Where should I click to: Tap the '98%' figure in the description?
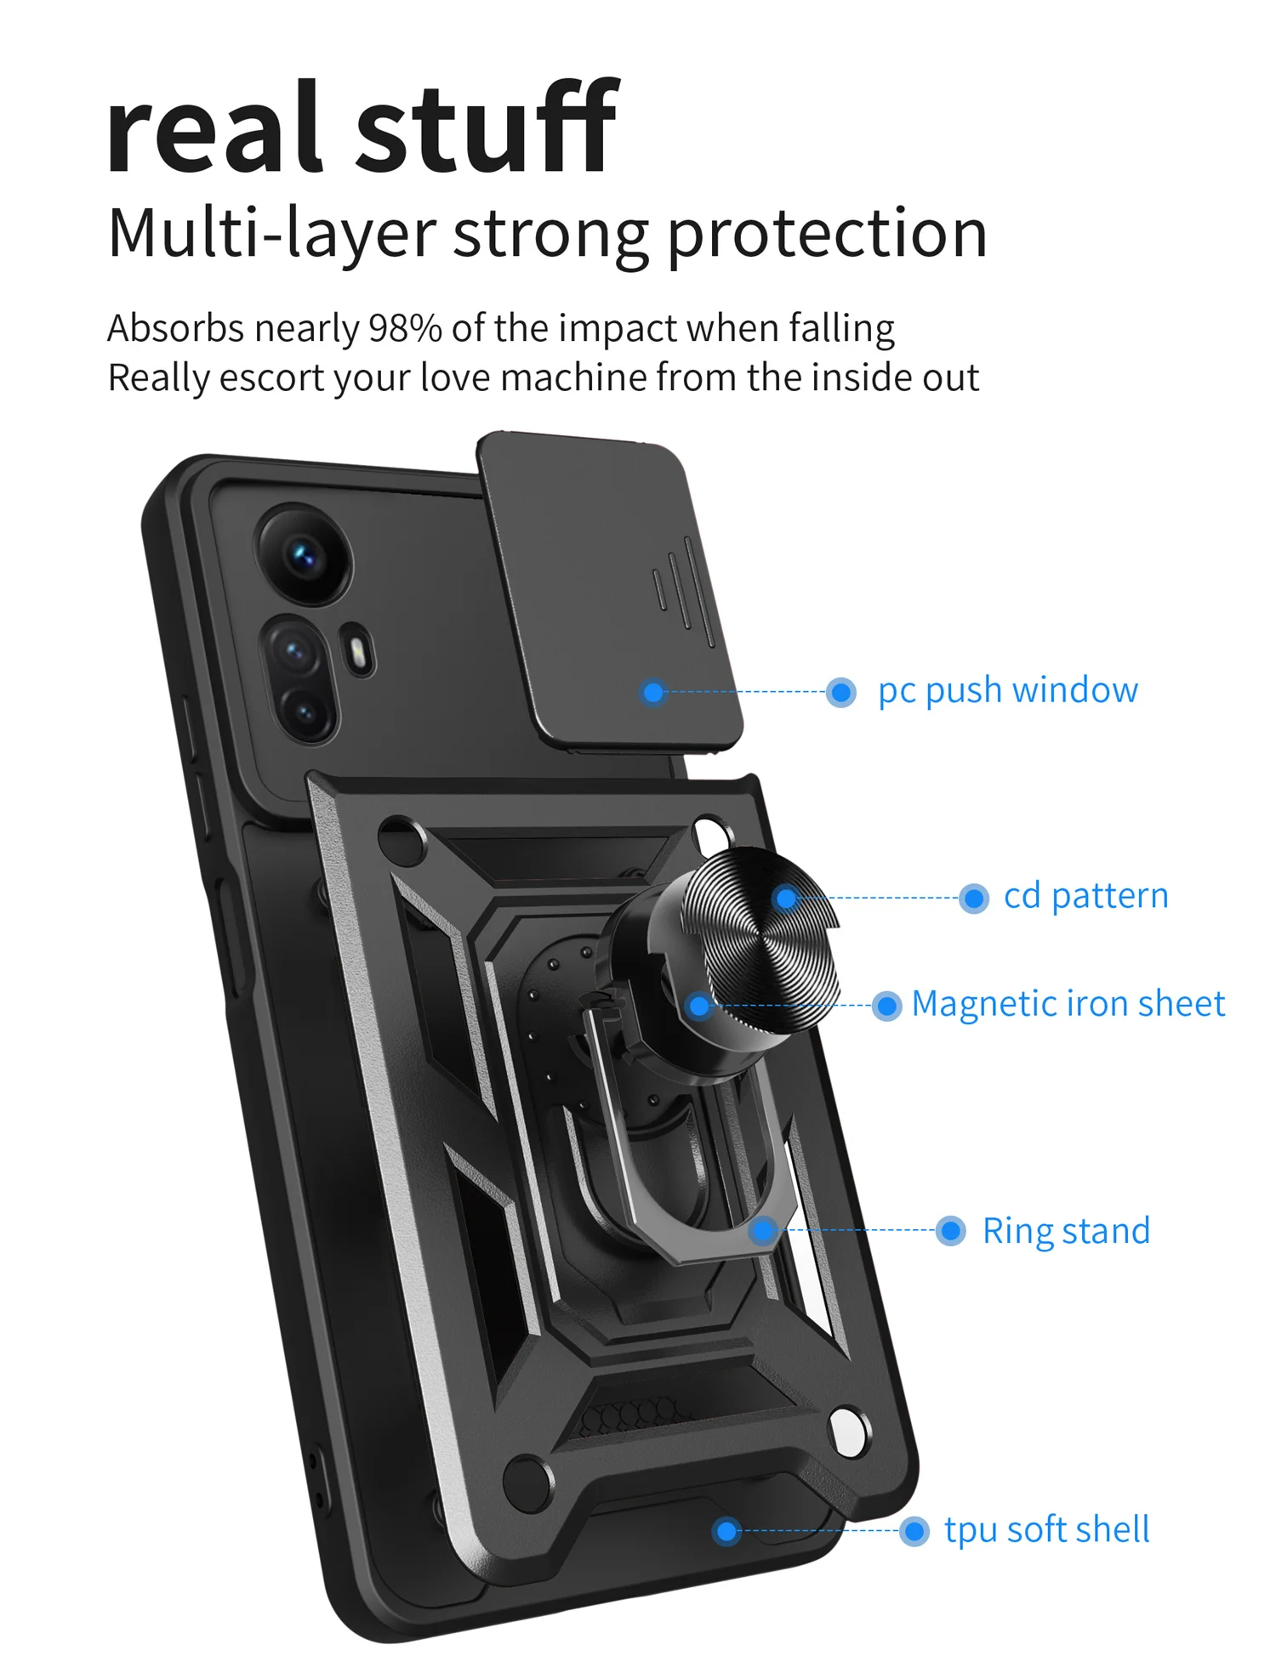click(x=404, y=328)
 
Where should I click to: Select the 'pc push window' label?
click(x=1007, y=690)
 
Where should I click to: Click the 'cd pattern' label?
click(x=1085, y=896)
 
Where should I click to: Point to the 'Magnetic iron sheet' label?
click(x=1068, y=1004)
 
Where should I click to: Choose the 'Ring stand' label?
click(x=1066, y=1231)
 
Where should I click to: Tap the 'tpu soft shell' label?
click(x=1046, y=1530)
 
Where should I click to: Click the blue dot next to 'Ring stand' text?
click(x=950, y=1231)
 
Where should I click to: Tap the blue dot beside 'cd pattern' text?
click(x=973, y=898)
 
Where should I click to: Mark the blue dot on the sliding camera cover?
click(x=653, y=692)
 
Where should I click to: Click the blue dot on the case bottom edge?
click(x=726, y=1531)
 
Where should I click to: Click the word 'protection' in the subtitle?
click(x=826, y=234)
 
